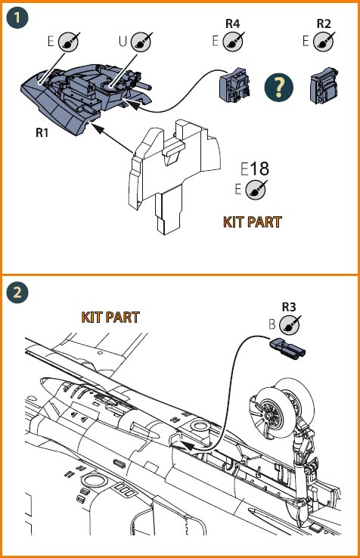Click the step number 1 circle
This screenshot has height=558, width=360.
(17, 17)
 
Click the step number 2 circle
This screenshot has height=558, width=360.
(17, 293)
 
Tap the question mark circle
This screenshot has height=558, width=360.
(279, 87)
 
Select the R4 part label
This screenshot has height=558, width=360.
(232, 23)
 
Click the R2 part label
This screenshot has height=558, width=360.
(324, 23)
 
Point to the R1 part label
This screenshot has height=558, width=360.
(42, 132)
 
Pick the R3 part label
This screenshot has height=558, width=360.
(289, 307)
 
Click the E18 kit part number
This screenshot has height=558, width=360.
(255, 169)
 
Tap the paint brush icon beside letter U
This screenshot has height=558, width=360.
(141, 42)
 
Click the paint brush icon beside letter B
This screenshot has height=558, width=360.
(290, 325)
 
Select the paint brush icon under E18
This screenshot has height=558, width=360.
(256, 189)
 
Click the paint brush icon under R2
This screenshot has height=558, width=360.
(324, 42)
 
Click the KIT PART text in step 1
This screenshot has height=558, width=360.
(252, 222)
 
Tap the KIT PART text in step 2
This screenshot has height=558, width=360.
(110, 317)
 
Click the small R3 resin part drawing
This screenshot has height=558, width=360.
(287, 347)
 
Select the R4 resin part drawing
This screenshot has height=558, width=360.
(235, 85)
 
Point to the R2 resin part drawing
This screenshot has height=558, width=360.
(324, 85)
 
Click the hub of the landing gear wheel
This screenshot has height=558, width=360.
(268, 416)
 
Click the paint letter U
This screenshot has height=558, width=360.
(123, 42)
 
